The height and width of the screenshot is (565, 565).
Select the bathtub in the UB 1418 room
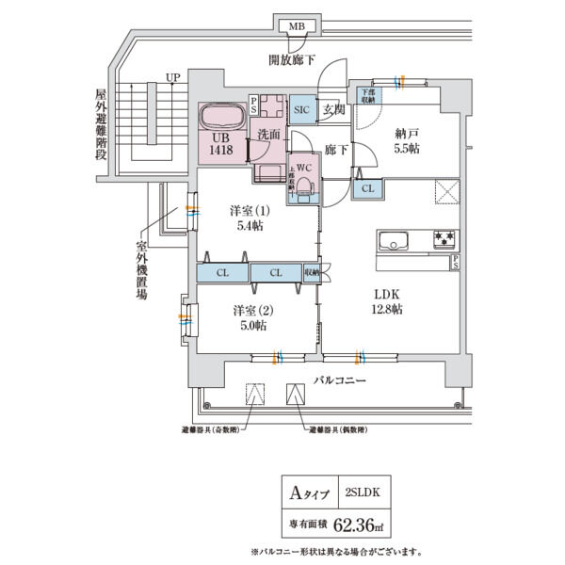point(223,118)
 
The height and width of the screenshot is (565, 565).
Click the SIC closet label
point(301,109)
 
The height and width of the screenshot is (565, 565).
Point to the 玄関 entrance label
point(333,109)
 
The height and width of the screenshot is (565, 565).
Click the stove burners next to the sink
point(445,239)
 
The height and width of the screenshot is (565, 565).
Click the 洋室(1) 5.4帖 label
point(250,218)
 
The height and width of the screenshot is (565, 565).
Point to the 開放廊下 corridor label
point(292,60)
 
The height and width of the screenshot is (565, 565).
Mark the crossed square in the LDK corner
point(444,191)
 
